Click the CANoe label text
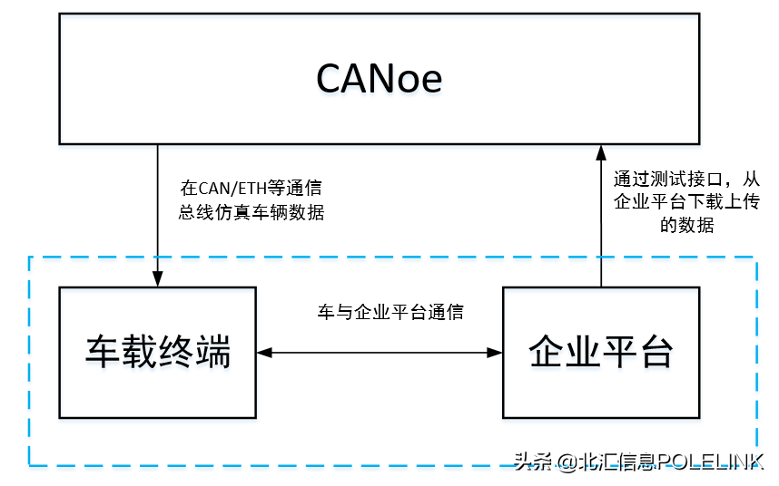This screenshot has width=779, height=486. pos(379,79)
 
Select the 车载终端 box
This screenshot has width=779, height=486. pos(157,352)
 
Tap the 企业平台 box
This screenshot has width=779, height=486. pos(601,352)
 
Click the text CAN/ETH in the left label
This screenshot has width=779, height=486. pos(228,190)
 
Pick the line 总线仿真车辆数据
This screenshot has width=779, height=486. pos(251,213)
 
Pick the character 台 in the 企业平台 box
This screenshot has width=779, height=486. pos(655,352)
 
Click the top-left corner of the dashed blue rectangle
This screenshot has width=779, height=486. pos(30,258)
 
